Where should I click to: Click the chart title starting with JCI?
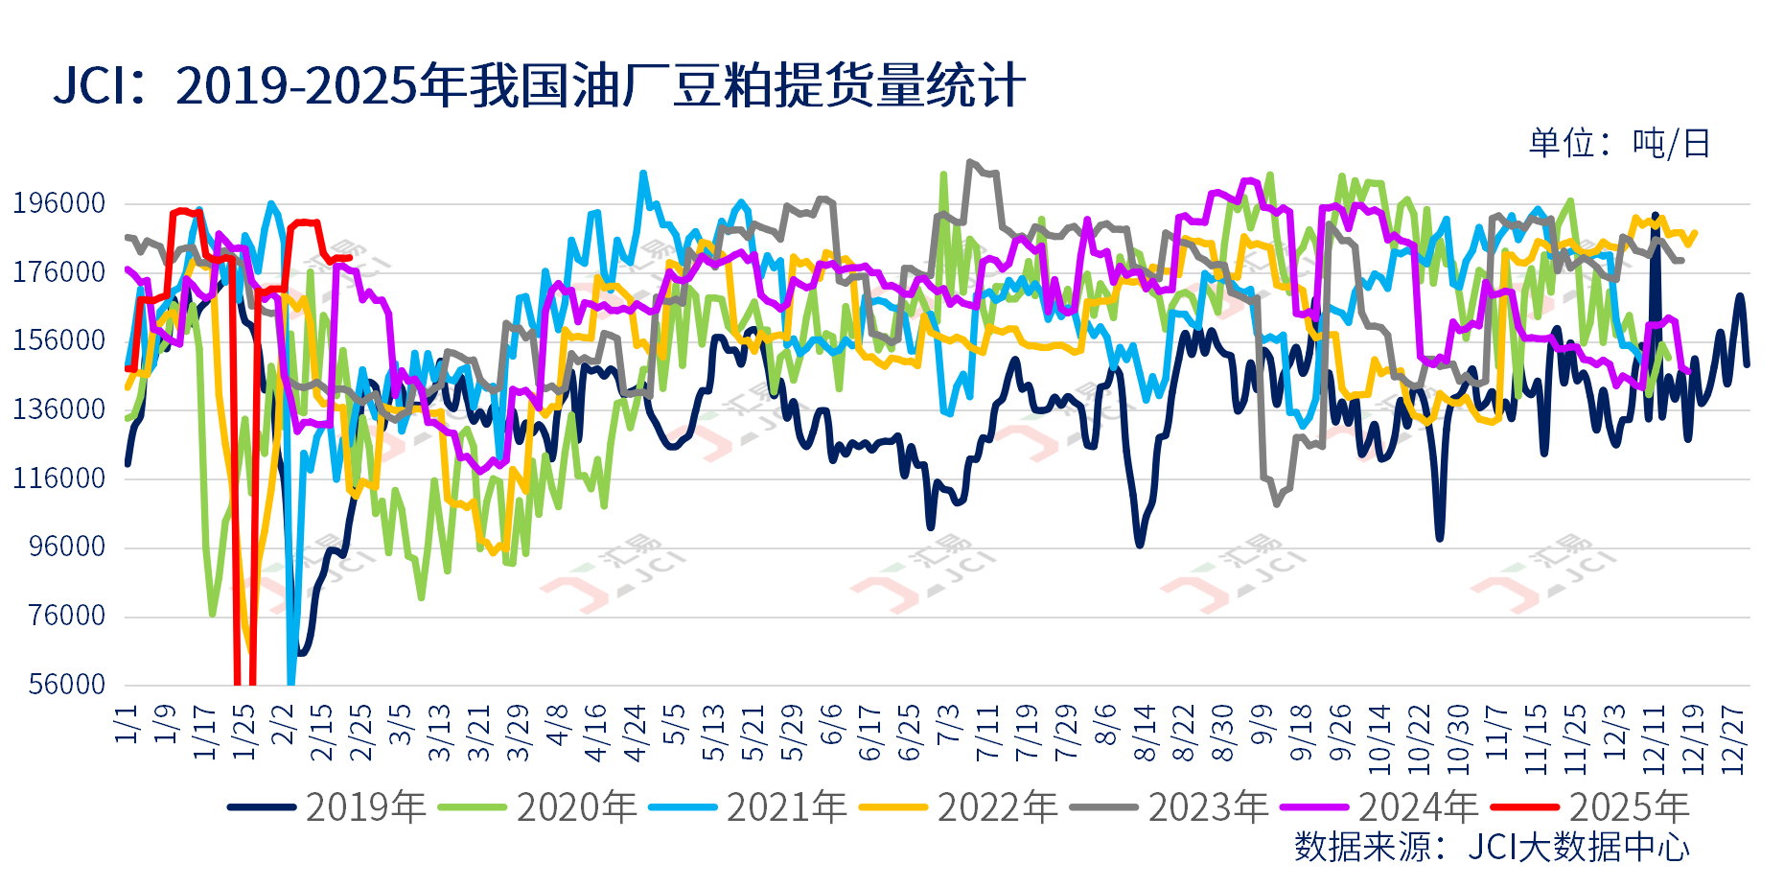pos(539,85)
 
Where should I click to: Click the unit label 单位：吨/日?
pos(1619,144)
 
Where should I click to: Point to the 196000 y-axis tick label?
pos(59,203)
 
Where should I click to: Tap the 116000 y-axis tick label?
pos(59,478)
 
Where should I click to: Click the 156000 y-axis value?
pos(59,340)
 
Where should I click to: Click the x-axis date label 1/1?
pos(127,724)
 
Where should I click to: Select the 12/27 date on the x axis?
pos(1733,739)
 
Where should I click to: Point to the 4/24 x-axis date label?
pos(636,734)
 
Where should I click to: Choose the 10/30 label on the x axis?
pos(1458,739)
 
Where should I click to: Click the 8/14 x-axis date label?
pos(1145,734)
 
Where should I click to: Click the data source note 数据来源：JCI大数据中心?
pos(1492,847)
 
